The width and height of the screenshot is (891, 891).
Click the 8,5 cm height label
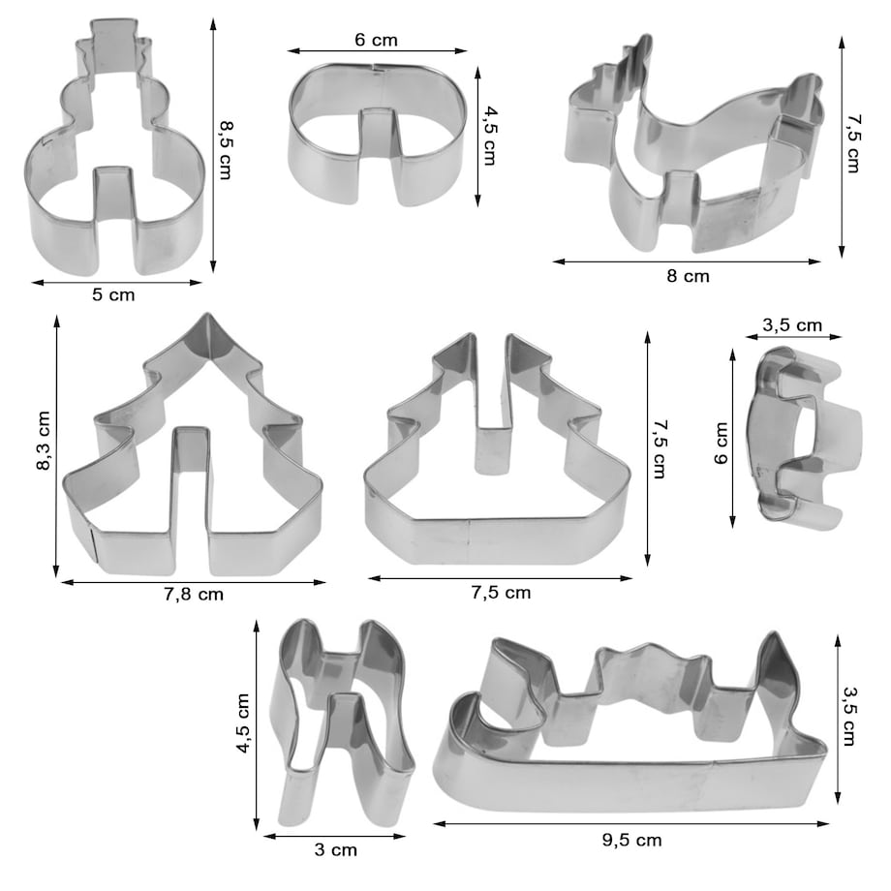click(226, 150)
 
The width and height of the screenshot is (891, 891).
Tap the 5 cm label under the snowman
click(113, 294)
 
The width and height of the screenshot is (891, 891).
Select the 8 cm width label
click(689, 276)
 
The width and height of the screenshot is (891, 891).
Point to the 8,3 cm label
click(44, 441)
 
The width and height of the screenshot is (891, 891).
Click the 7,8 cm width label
click(194, 595)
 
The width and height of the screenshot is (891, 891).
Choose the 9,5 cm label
click(631, 840)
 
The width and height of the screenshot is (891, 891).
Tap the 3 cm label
click(336, 850)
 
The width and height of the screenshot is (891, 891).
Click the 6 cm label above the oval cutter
click(376, 40)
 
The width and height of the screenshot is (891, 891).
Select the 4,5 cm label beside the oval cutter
click(489, 136)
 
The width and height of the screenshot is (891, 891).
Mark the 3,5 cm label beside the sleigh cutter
click(849, 716)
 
